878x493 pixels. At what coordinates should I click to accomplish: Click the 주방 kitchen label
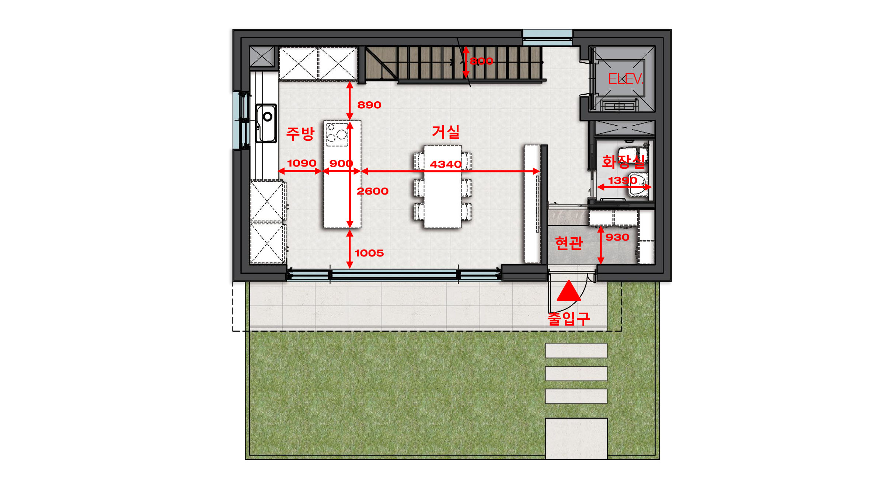(x=300, y=133)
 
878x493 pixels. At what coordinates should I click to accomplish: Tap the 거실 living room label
(x=446, y=132)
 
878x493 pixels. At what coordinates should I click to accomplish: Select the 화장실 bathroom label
(x=623, y=161)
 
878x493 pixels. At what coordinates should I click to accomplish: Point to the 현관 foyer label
(x=569, y=243)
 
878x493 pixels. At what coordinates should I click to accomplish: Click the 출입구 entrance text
(x=569, y=318)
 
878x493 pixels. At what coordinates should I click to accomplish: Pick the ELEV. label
(x=626, y=78)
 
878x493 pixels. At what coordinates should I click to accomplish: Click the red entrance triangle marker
(x=569, y=291)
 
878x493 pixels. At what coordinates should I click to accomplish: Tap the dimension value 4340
(x=445, y=164)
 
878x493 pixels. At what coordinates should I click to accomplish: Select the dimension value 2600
(x=372, y=191)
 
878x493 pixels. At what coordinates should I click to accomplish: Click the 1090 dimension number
(x=302, y=163)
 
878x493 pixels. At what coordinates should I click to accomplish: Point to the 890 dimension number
(x=369, y=105)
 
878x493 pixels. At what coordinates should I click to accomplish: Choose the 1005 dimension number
(x=369, y=253)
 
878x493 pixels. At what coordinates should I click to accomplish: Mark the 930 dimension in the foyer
(x=617, y=237)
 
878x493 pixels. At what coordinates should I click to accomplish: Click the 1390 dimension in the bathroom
(x=623, y=181)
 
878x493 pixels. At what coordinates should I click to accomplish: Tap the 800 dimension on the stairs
(x=481, y=61)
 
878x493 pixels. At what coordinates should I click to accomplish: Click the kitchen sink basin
(x=266, y=123)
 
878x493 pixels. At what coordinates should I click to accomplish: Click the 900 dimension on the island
(x=341, y=164)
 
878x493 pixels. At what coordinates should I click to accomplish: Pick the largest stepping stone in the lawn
(x=576, y=438)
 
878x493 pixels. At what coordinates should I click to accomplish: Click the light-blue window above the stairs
(x=547, y=37)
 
